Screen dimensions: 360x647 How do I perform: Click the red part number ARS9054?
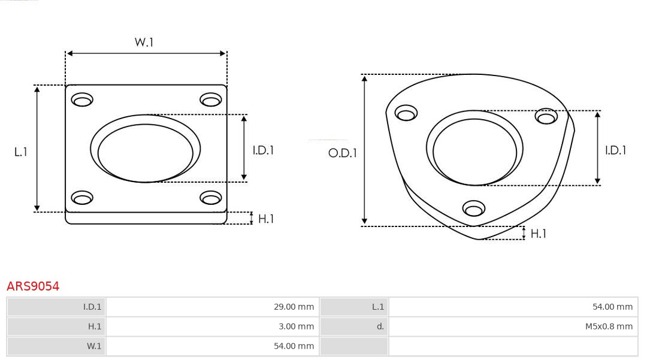point(33,286)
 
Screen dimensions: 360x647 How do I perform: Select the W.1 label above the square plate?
point(144,43)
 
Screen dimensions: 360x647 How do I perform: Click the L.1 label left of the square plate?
point(21,152)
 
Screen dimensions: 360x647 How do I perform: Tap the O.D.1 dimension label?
point(342,153)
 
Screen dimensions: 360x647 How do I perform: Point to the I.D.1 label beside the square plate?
point(262,150)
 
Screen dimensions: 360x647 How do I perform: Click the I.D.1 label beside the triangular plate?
point(615,150)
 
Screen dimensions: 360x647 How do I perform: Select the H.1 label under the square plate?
point(265,219)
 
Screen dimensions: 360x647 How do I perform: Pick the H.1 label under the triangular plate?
point(538,234)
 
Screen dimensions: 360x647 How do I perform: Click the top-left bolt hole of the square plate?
point(82,99)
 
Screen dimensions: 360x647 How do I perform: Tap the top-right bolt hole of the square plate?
point(211,99)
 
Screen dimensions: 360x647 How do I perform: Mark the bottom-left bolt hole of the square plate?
point(82,197)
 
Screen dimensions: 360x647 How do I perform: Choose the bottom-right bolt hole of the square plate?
point(211,197)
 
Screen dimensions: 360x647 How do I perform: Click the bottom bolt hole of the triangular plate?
point(474,208)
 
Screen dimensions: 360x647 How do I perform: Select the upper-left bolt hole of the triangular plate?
point(406,113)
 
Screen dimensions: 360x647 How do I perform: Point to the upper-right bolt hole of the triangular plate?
point(546,116)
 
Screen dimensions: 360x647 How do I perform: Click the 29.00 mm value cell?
point(294,307)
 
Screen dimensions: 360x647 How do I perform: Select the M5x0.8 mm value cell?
point(609,326)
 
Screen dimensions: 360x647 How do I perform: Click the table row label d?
point(380,326)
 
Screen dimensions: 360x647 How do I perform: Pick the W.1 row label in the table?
point(94,346)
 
